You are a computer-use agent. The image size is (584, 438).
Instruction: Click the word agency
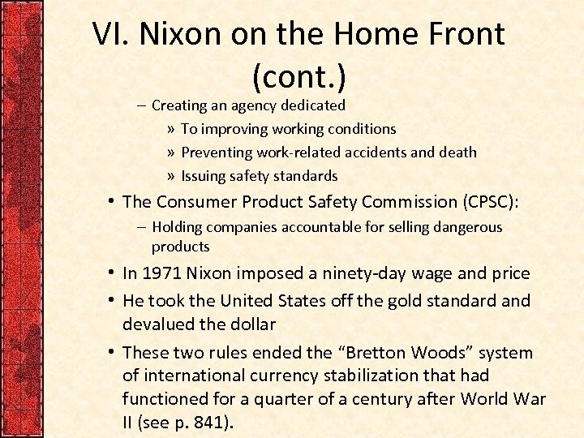(x=254, y=105)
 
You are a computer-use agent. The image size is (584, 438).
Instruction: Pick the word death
(x=457, y=152)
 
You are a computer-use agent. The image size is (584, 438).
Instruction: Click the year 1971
(x=160, y=274)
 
